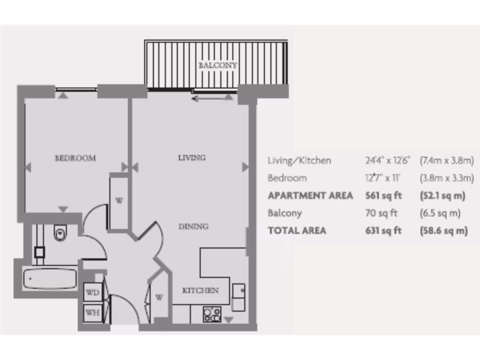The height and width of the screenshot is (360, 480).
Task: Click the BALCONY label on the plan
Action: [x=217, y=65]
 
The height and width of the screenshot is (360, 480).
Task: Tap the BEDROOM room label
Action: [x=75, y=158]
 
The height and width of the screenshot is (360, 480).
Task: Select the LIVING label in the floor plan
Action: [x=192, y=157]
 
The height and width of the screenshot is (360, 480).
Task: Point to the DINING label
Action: [x=194, y=226]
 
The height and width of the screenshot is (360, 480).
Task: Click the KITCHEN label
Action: [x=200, y=290]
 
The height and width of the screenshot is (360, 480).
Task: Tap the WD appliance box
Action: [x=93, y=292]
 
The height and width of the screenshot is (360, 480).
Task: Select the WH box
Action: [x=93, y=313]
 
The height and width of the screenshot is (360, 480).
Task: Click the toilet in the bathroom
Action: [x=61, y=232]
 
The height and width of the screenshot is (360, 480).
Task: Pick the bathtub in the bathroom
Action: [x=50, y=279]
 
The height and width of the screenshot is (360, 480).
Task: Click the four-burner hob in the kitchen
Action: [x=212, y=314]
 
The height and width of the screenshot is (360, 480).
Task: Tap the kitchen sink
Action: [x=239, y=297]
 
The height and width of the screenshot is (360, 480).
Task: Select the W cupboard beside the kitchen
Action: [x=159, y=297]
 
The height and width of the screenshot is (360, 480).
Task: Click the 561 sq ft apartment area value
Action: [x=383, y=195]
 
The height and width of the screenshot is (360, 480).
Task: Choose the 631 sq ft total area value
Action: [x=383, y=230]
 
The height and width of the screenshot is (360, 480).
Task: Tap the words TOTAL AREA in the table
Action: [x=297, y=230]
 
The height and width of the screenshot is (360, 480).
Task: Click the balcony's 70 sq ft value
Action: [x=381, y=213]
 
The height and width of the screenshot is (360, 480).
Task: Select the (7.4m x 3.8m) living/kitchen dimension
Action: [x=447, y=160]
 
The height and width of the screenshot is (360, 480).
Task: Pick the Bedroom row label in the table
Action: [x=287, y=178]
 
